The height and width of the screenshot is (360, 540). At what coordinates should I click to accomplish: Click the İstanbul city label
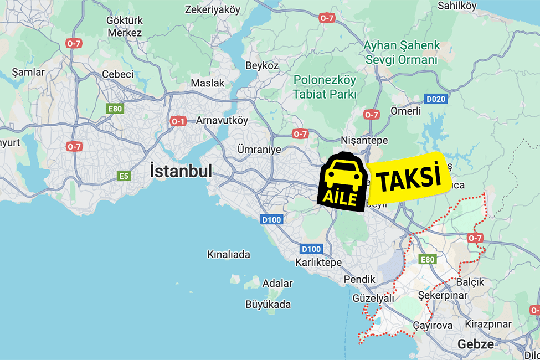(x=181, y=171)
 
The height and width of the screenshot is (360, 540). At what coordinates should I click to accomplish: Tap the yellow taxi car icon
(x=341, y=174)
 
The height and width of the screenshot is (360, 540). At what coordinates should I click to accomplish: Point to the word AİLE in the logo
(x=341, y=197)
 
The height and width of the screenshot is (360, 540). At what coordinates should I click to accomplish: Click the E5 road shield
(x=124, y=176)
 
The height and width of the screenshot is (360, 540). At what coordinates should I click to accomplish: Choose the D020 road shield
(x=435, y=99)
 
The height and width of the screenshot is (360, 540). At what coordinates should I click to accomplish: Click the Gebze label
(x=475, y=344)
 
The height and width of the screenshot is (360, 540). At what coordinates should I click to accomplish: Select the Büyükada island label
(x=268, y=304)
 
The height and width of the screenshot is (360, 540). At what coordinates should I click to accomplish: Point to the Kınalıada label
(x=228, y=255)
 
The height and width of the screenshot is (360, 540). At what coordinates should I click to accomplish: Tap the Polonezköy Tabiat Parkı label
(x=325, y=87)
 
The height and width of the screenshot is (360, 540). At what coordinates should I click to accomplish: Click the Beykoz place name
(x=262, y=65)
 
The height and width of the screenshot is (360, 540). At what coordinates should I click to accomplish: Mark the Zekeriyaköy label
(x=213, y=9)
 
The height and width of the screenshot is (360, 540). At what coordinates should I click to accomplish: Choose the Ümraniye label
(x=259, y=150)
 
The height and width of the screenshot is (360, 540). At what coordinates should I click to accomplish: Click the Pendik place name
(x=359, y=279)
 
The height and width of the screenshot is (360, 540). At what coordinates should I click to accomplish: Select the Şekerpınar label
(x=443, y=295)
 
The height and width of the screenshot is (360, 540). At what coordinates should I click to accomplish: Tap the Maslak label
(x=208, y=83)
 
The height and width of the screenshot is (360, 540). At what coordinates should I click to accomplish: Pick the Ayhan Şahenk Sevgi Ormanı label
(x=401, y=52)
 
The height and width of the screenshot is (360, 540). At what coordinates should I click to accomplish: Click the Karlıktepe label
(x=318, y=263)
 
